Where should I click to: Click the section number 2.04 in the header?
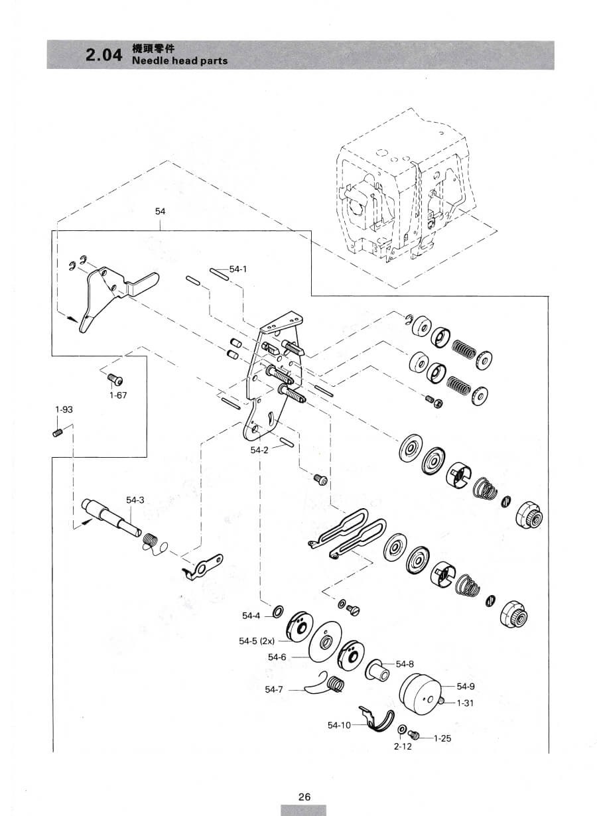click(x=103, y=55)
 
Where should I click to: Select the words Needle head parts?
click(x=180, y=60)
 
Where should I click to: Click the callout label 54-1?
click(x=238, y=269)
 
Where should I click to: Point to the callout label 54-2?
click(x=259, y=450)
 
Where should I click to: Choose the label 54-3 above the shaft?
click(x=135, y=500)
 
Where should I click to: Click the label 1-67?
click(x=118, y=395)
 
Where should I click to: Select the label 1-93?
click(x=64, y=409)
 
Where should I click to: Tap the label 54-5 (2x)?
click(x=257, y=641)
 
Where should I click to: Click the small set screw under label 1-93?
click(x=58, y=433)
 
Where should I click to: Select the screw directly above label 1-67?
click(x=115, y=379)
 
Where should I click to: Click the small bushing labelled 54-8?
click(x=377, y=670)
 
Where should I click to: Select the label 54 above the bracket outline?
click(x=160, y=211)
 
